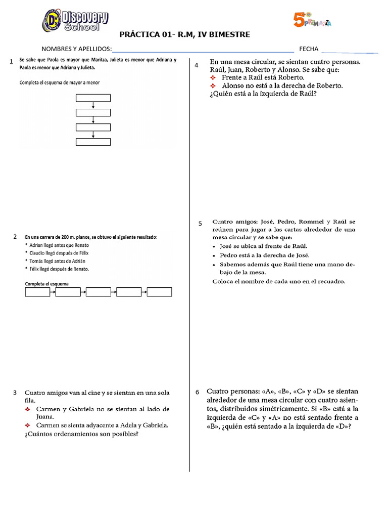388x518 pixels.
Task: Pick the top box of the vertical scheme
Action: (x=93, y=98)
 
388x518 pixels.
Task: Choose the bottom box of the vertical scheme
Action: (x=93, y=142)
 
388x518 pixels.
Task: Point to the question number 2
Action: (x=15, y=237)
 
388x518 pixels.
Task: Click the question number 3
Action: (x=15, y=393)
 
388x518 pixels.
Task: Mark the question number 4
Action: (x=196, y=65)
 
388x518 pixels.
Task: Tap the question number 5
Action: (x=200, y=223)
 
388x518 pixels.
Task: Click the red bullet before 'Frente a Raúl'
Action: (x=213, y=78)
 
